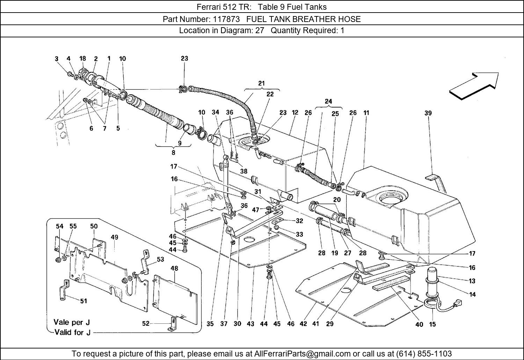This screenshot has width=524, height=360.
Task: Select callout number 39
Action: point(428,113)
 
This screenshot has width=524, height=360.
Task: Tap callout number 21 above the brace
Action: point(261,83)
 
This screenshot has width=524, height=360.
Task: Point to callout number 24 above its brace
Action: point(328,102)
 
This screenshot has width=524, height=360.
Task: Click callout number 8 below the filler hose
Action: point(173,152)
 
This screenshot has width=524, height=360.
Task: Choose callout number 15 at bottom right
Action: point(432,324)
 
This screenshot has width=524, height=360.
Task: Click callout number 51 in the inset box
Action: point(83,301)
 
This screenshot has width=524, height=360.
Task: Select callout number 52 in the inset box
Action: point(146,323)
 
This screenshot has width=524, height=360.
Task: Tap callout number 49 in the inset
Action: point(115,237)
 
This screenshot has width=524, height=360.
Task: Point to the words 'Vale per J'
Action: point(72,322)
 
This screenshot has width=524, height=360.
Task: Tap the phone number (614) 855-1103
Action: point(423,353)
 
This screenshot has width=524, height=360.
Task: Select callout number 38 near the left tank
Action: point(243,171)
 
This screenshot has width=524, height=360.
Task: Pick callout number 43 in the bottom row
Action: point(250,324)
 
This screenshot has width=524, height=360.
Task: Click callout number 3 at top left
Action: point(57,59)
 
